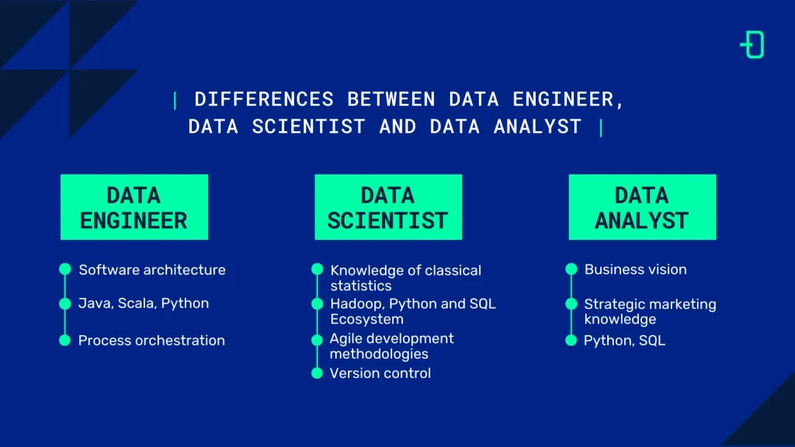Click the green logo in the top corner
coord(752,45)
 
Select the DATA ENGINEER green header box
coord(134,206)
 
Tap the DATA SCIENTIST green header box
coord(388,206)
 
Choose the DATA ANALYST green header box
coord(642,206)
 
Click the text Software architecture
coord(152,270)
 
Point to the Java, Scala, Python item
coord(144,303)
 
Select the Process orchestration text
coord(151,341)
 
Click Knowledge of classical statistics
coord(405,278)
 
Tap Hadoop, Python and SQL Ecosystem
coord(412,311)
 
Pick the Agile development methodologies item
coord(391,346)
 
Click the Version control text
coord(380,373)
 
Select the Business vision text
coord(635,270)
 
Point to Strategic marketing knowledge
coord(650,312)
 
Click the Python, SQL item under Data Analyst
coord(624,341)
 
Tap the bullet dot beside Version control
coord(317,373)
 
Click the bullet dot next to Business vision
coord(571,269)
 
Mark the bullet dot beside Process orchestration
coord(65,341)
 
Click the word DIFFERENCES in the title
coord(264,100)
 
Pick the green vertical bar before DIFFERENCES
coord(175,100)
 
